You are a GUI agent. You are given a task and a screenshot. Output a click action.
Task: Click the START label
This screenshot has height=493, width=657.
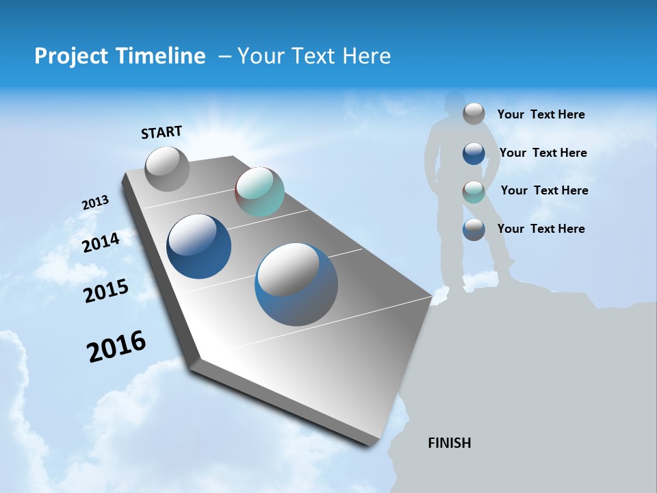[x=162, y=132]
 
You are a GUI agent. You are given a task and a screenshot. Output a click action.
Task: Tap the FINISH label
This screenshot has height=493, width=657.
[x=449, y=443]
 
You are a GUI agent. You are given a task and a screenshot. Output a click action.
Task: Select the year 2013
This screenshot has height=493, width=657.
[x=95, y=203]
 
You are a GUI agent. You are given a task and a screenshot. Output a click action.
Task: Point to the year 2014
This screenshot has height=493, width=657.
[x=101, y=242]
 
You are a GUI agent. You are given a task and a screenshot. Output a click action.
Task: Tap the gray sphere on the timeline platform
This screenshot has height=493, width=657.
[x=167, y=169]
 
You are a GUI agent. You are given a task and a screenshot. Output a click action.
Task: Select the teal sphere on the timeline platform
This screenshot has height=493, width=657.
[x=259, y=192]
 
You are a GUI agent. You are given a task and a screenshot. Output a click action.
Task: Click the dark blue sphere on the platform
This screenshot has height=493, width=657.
[x=199, y=246]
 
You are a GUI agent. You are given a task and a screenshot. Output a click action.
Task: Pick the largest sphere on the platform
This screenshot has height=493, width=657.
[x=296, y=284]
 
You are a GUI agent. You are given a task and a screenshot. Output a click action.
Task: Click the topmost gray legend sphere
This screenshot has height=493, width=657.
[x=474, y=114]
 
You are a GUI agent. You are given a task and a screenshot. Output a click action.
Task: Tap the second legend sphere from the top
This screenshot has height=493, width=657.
[x=474, y=153]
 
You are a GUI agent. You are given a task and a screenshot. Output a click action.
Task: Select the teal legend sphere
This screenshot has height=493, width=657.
[x=474, y=192]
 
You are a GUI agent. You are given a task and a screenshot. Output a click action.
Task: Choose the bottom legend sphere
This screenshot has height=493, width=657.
[x=474, y=229]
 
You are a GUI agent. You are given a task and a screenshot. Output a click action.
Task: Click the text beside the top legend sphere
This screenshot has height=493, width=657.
[x=541, y=114]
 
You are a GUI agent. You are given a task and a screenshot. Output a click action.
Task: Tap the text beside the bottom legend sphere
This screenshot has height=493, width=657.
[x=541, y=229]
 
